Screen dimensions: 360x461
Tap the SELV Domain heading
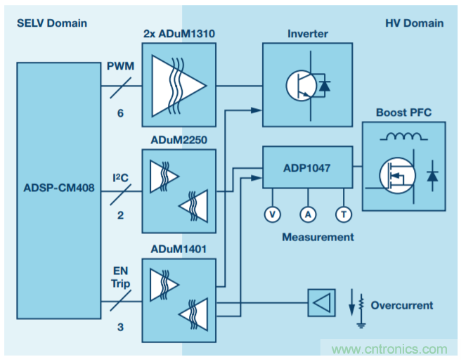tap(52, 23)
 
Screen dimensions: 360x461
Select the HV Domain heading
tap(414, 23)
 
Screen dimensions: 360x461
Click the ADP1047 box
tap(307, 167)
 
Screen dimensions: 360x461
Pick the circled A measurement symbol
tap(307, 214)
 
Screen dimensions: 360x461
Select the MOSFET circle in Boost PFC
tap(395, 175)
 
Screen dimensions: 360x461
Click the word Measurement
tap(318, 237)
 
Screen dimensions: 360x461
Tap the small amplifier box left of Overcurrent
tap(321, 304)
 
